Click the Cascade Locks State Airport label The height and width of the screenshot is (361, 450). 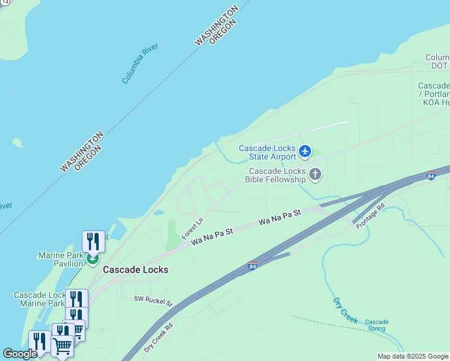pos(267,153)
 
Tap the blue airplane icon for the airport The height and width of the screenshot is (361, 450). pos(305,151)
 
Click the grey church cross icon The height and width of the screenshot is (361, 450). pos(315,175)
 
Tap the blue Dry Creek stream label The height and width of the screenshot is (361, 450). pos(345,309)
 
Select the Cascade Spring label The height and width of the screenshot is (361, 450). pos(377,326)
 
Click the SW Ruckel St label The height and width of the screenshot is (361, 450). pos(153,300)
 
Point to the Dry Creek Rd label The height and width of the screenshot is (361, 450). pos(158,338)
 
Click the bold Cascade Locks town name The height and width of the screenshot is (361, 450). pos(135,270)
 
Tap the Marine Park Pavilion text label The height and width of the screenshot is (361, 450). pos(60,259)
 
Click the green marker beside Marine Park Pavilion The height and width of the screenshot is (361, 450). pos(92,259)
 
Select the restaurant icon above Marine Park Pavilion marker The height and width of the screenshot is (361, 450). pos(93,241)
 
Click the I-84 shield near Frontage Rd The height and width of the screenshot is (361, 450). pos(430,176)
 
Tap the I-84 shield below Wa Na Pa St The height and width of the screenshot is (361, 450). pos(252,265)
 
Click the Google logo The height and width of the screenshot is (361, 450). pos(20,354)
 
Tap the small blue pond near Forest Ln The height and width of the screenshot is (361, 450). pos(159,212)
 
